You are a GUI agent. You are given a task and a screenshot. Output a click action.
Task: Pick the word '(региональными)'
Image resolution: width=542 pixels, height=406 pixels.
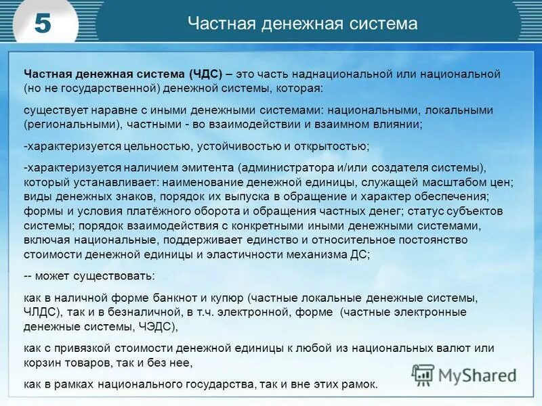tap(64, 125)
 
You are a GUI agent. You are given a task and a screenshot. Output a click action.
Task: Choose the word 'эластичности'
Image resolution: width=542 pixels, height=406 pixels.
tap(203, 254)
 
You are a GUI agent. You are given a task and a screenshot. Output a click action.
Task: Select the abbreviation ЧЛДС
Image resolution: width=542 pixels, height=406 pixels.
tap(42, 312)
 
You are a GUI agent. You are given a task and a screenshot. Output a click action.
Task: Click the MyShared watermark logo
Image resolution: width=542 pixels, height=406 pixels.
tap(464, 374)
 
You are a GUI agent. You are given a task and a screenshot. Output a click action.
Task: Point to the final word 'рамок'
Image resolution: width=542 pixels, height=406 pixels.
tap(359, 384)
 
